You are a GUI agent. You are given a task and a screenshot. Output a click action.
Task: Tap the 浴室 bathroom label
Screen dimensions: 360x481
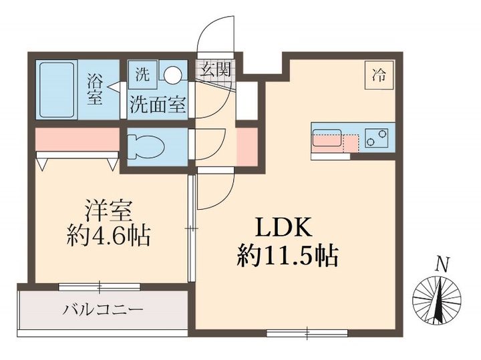[94, 89]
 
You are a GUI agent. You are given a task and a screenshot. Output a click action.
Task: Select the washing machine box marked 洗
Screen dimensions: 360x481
[142, 74]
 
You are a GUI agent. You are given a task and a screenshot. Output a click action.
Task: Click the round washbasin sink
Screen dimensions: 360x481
[174, 74]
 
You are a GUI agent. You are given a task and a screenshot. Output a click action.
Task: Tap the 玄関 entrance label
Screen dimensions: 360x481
[214, 69]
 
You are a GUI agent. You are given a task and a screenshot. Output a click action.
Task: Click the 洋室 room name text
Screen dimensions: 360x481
[109, 210]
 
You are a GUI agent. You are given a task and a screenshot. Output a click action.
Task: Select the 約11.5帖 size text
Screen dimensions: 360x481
[287, 254]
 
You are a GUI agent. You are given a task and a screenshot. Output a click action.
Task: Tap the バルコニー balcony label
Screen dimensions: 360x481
[103, 310]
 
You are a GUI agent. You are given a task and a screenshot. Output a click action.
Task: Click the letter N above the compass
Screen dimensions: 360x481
[441, 265]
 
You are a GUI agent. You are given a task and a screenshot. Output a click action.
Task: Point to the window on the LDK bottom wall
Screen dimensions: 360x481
[307, 332]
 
